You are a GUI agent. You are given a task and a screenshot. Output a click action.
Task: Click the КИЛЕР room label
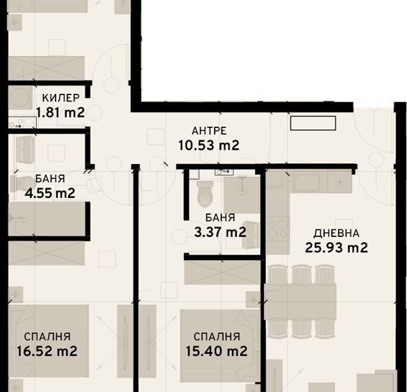(x=60, y=98)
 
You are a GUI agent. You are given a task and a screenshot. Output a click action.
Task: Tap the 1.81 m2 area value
(x=60, y=113)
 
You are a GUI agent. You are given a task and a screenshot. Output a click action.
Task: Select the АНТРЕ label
(x=209, y=131)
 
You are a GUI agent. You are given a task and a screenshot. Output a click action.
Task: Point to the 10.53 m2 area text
(x=208, y=145)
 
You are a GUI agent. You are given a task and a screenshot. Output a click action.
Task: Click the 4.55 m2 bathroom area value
(x=50, y=193)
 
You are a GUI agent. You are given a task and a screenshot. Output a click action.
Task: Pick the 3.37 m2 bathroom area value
(x=220, y=232)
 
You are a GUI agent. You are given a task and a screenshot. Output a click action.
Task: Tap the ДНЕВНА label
(x=336, y=234)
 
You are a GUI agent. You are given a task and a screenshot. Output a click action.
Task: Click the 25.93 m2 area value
(x=336, y=247)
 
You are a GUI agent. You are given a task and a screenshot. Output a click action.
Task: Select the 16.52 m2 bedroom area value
(x=47, y=351)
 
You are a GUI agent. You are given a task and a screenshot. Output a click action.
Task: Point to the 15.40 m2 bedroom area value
(x=217, y=351)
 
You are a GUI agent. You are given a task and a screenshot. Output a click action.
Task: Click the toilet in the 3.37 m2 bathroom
(x=205, y=194)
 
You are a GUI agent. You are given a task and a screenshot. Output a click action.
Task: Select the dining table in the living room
(x=300, y=302)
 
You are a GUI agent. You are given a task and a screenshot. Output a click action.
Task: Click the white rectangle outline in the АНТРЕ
(x=313, y=123)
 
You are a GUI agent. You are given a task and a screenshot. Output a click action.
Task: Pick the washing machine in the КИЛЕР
(x=20, y=98)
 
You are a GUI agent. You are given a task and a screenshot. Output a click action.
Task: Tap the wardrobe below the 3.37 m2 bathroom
(x=222, y=272)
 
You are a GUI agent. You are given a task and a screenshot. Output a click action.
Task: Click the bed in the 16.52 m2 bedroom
(x=49, y=341)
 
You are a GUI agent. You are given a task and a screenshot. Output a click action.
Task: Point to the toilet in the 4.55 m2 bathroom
(x=22, y=184)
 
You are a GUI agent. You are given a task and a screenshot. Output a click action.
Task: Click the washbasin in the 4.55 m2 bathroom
(x=26, y=149)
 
